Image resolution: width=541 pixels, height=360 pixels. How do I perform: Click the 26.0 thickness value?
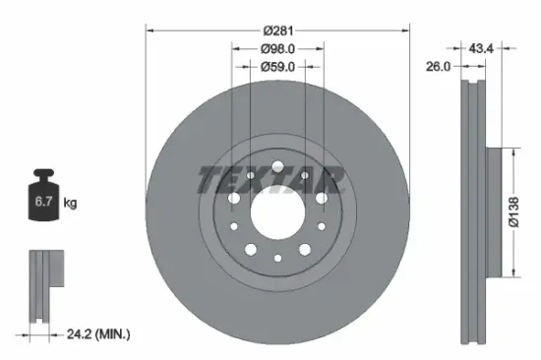click(x=439, y=67)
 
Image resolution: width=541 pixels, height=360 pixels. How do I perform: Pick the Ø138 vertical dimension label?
click(x=527, y=211)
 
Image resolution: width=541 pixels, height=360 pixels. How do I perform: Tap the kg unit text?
click(x=70, y=203)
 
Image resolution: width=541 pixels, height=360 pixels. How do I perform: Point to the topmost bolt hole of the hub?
click(x=277, y=163)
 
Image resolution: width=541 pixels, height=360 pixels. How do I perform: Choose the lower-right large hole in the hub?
click(x=304, y=247)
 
